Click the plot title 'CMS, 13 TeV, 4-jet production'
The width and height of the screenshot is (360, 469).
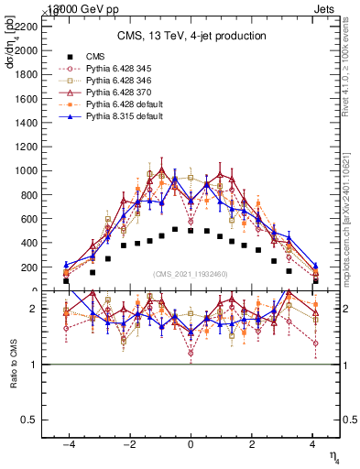tap(191, 36)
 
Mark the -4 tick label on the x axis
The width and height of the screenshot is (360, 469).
tap(68, 444)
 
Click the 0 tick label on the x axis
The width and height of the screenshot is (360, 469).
tap(191, 444)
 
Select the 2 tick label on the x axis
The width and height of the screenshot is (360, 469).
tap(252, 444)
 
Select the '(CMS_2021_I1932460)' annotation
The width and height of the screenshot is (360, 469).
tap(191, 274)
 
